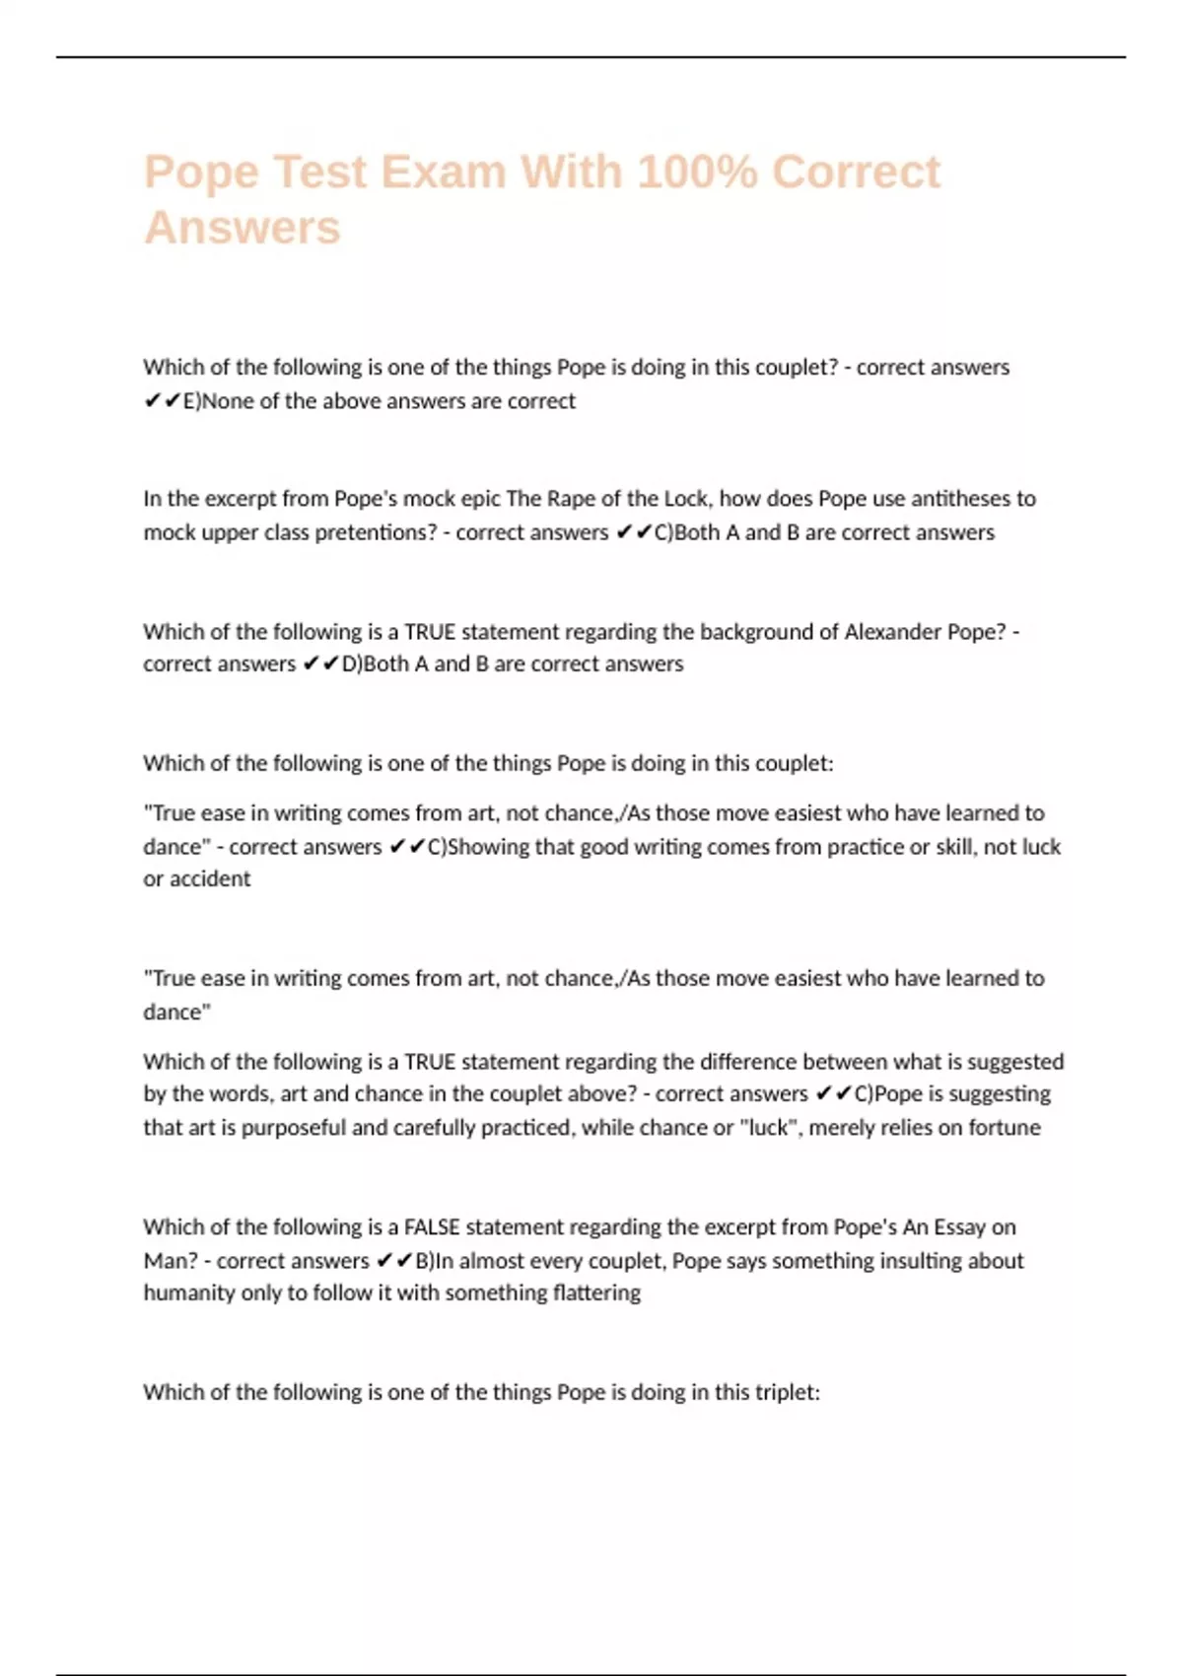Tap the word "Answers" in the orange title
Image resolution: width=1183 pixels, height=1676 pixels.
coord(243,228)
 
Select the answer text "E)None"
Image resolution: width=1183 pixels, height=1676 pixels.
coord(218,401)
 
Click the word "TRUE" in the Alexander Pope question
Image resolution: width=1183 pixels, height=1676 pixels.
coord(430,632)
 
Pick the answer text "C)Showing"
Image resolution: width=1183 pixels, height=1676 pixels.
coord(478,847)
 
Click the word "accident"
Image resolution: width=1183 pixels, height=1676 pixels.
coord(210,879)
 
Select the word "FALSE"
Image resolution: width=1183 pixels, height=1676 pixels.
coord(431,1227)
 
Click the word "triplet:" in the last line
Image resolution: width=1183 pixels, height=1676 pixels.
coord(787,1393)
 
